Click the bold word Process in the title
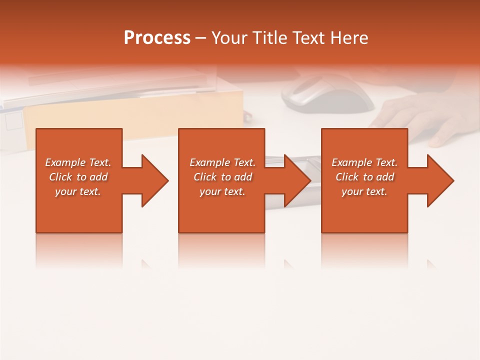pos(157,38)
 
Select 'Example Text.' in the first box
pos(78,162)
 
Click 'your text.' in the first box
pos(78,191)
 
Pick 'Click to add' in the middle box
pos(222,177)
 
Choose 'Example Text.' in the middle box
pos(222,162)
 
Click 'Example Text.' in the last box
pos(364,162)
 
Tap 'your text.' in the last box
pos(364,191)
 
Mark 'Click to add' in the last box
pos(364,177)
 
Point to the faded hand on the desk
pos(420,117)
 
